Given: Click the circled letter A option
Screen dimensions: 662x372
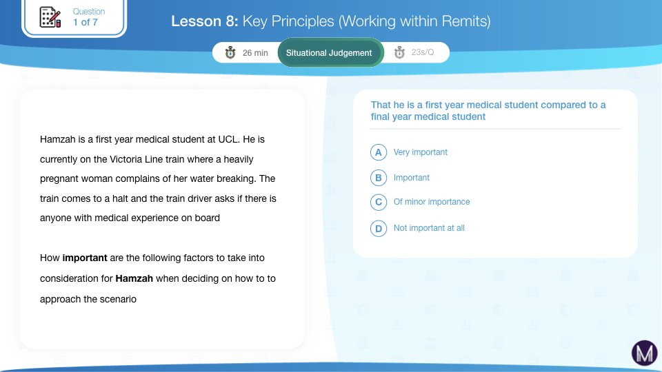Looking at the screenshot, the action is [x=379, y=152].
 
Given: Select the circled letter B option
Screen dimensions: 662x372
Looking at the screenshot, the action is [x=379, y=178].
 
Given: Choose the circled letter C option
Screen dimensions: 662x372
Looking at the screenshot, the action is [x=379, y=202].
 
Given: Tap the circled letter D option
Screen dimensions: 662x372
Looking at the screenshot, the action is [x=379, y=228].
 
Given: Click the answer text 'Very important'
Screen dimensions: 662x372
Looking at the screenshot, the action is [x=420, y=152].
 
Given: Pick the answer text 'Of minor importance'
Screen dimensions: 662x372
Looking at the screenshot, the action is [x=432, y=202].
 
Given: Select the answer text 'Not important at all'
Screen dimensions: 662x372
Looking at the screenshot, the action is [x=429, y=228].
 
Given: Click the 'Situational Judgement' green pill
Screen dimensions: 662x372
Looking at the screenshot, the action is [x=329, y=53].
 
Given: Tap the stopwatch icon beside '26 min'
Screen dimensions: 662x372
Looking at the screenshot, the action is [x=230, y=52].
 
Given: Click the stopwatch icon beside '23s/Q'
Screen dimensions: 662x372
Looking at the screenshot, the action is [x=399, y=52].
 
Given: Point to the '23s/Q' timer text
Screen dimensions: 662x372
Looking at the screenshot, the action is [x=423, y=52].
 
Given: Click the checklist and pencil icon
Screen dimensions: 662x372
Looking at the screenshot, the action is [x=50, y=17].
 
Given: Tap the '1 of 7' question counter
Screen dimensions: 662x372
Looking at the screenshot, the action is [x=86, y=22].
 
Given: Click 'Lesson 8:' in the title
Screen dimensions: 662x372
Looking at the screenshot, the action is [x=205, y=21].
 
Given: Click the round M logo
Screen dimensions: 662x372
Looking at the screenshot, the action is [x=644, y=353].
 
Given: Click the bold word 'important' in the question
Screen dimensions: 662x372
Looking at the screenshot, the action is [x=85, y=258].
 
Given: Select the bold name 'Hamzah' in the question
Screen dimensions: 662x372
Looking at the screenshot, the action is [x=134, y=278].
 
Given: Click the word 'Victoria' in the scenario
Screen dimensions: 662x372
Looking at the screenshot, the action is [x=126, y=159].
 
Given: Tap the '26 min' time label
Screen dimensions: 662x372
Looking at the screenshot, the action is [x=255, y=53].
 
